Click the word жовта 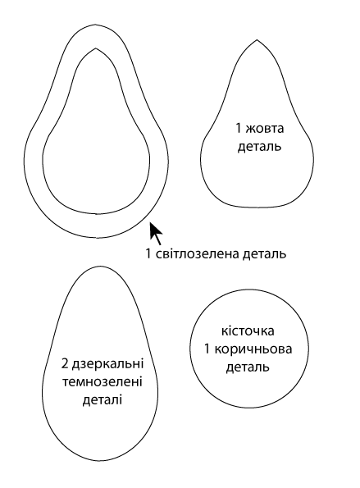click(265, 128)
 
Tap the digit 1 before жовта click(239, 128)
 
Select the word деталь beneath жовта click(259, 146)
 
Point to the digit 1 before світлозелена click(148, 253)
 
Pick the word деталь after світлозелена click(265, 254)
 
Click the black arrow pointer click(155, 233)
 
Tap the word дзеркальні click(107, 363)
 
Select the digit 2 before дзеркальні click(65, 363)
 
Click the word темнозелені click(103, 381)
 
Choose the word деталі click(103, 399)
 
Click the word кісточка click(248, 331)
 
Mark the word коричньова click(253, 349)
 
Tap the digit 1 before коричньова click(207, 349)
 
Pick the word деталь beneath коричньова click(248, 367)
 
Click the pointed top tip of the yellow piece click(257, 40)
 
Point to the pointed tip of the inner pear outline click(96, 48)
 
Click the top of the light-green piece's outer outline click(96, 25)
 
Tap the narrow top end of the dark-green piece click(100, 267)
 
